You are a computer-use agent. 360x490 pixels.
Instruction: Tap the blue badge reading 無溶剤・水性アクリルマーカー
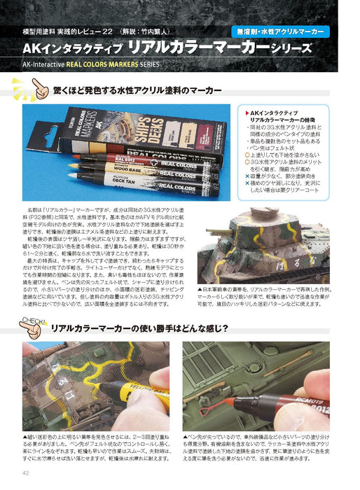tap(280, 31)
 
